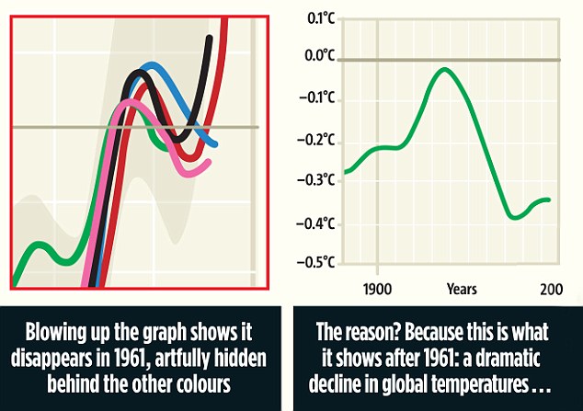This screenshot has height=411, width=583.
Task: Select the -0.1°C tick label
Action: coord(318,98)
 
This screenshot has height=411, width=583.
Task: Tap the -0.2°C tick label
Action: coord(318,141)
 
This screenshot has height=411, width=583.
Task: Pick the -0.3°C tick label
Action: coord(318,180)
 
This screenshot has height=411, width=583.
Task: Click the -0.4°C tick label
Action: coord(318,223)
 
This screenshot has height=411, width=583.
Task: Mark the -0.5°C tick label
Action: coord(318,263)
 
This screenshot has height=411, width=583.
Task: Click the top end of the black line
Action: coord(210,39)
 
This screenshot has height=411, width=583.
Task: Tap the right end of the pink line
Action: coord(209,162)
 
